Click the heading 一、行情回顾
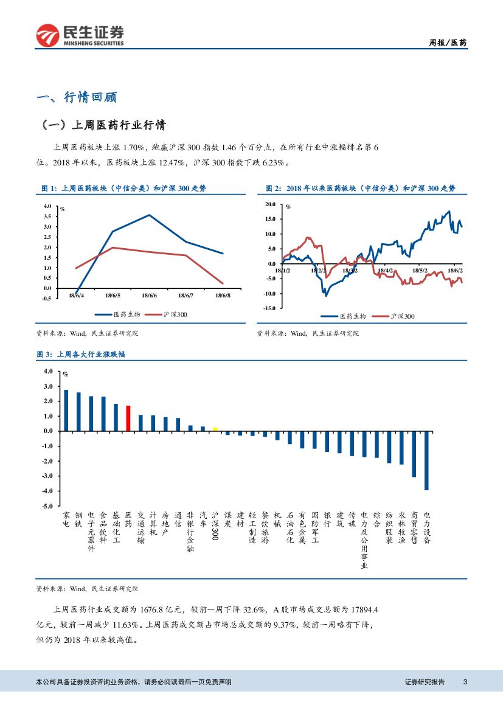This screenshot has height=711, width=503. tap(77, 97)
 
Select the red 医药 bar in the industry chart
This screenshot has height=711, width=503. tap(128, 418)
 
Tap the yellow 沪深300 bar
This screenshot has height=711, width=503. tap(215, 429)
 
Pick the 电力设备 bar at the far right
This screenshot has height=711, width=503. tap(427, 460)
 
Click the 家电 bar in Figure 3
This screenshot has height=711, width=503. tap(66, 411)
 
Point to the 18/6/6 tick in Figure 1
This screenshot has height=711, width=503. tap(150, 296)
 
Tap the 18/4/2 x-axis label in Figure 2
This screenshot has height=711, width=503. tap(385, 271)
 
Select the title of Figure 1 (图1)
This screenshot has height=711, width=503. tap(122, 189)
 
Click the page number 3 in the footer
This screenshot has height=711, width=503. tap(465, 682)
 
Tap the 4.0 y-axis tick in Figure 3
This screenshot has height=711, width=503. tap(49, 371)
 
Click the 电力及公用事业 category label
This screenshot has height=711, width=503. tap(364, 540)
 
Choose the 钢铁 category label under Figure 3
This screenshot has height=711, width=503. tap(78, 519)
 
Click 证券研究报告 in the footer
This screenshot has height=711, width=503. tap(425, 682)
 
